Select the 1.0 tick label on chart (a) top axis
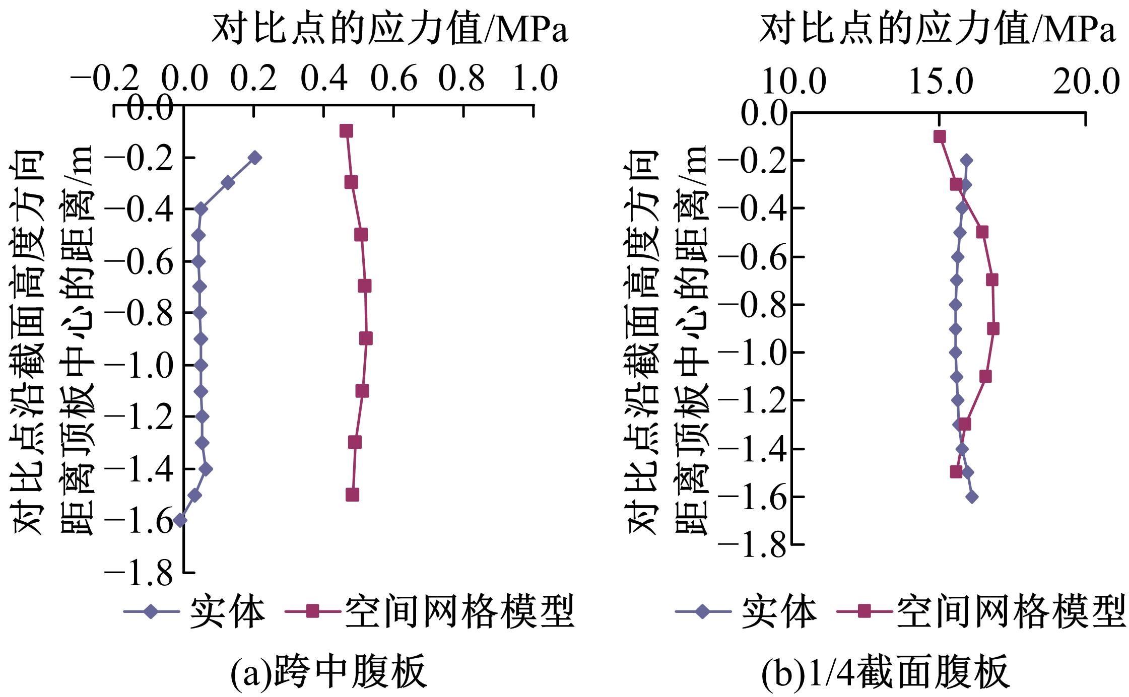pyautogui.click(x=535, y=80)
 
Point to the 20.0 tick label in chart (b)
pyautogui.click(x=1086, y=82)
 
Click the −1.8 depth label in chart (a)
pyautogui.click(x=139, y=573)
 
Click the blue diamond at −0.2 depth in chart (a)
pyautogui.click(x=254, y=158)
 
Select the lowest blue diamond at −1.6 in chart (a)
pyautogui.click(x=180, y=521)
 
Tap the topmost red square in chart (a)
pyautogui.click(x=346, y=131)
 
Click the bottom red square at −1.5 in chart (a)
pyautogui.click(x=353, y=495)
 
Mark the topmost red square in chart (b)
pyautogui.click(x=939, y=136)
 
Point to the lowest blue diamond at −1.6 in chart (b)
pyautogui.click(x=972, y=497)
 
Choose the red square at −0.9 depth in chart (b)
pyautogui.click(x=993, y=329)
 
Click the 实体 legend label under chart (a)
pyautogui.click(x=227, y=612)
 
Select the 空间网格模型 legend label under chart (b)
pyautogui.click(x=1010, y=612)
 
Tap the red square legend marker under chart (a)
pyautogui.click(x=313, y=612)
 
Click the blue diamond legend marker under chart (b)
pyautogui.click(x=703, y=612)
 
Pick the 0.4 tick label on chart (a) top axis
pyautogui.click(x=324, y=80)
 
